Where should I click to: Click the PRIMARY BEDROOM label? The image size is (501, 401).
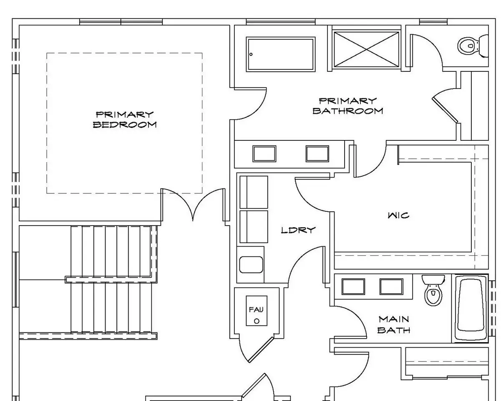[125, 120]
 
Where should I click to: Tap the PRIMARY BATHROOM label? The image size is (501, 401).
[347, 106]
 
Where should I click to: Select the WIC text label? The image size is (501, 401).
[398, 215]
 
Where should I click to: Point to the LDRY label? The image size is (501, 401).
[298, 230]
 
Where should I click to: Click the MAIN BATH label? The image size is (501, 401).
[394, 325]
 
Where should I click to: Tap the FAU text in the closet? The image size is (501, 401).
[256, 310]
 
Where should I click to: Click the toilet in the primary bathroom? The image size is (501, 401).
[473, 46]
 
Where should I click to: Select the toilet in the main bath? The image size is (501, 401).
[433, 290]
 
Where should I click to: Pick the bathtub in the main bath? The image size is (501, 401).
[470, 308]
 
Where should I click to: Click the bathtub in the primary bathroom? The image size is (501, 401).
[280, 54]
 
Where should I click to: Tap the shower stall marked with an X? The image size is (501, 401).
[366, 49]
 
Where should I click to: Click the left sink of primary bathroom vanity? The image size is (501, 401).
[264, 154]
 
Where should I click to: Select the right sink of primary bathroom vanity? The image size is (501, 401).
[317, 154]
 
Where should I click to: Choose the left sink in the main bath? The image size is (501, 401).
[353, 287]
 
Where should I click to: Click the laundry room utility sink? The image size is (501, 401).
[251, 264]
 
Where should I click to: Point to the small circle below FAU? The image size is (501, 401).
[257, 321]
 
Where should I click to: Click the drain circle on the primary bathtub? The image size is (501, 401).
[251, 54]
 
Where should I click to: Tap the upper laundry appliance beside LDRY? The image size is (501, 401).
[254, 192]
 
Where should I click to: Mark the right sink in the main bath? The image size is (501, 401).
[391, 287]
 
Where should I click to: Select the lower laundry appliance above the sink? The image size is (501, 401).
[254, 227]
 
